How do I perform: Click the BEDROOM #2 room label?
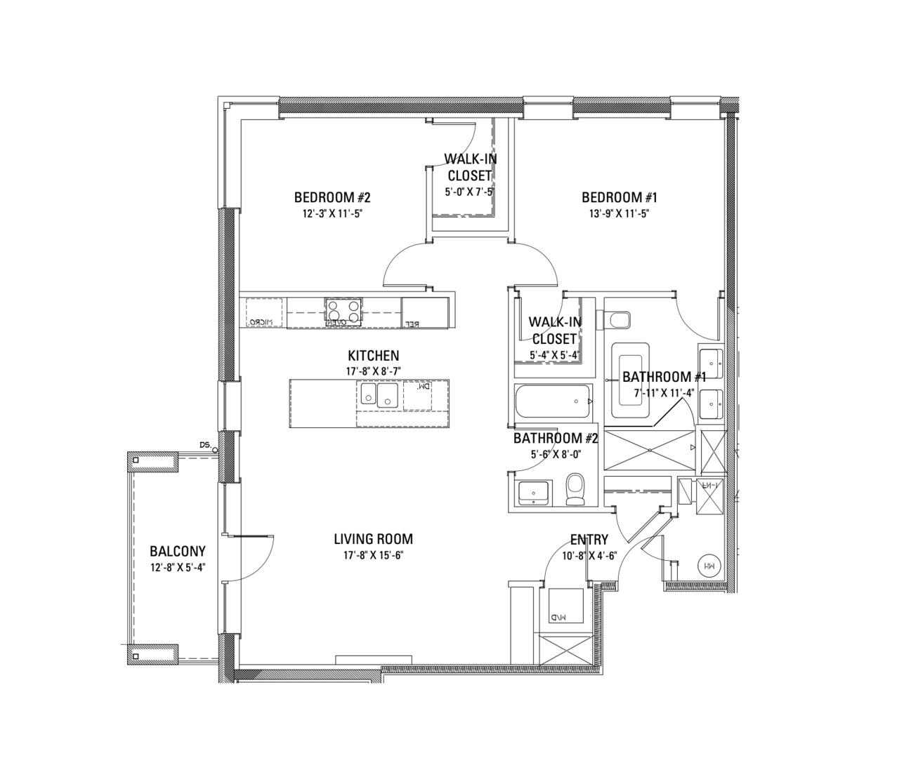pos(332,197)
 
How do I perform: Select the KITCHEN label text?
pos(373,356)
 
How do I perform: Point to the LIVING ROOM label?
pos(373,539)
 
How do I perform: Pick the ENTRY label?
pos(589,540)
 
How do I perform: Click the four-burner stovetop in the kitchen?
pos(343,311)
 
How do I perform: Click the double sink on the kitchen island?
pos(378,395)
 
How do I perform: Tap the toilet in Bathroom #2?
pos(575,489)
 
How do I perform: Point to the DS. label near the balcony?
pos(205,445)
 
